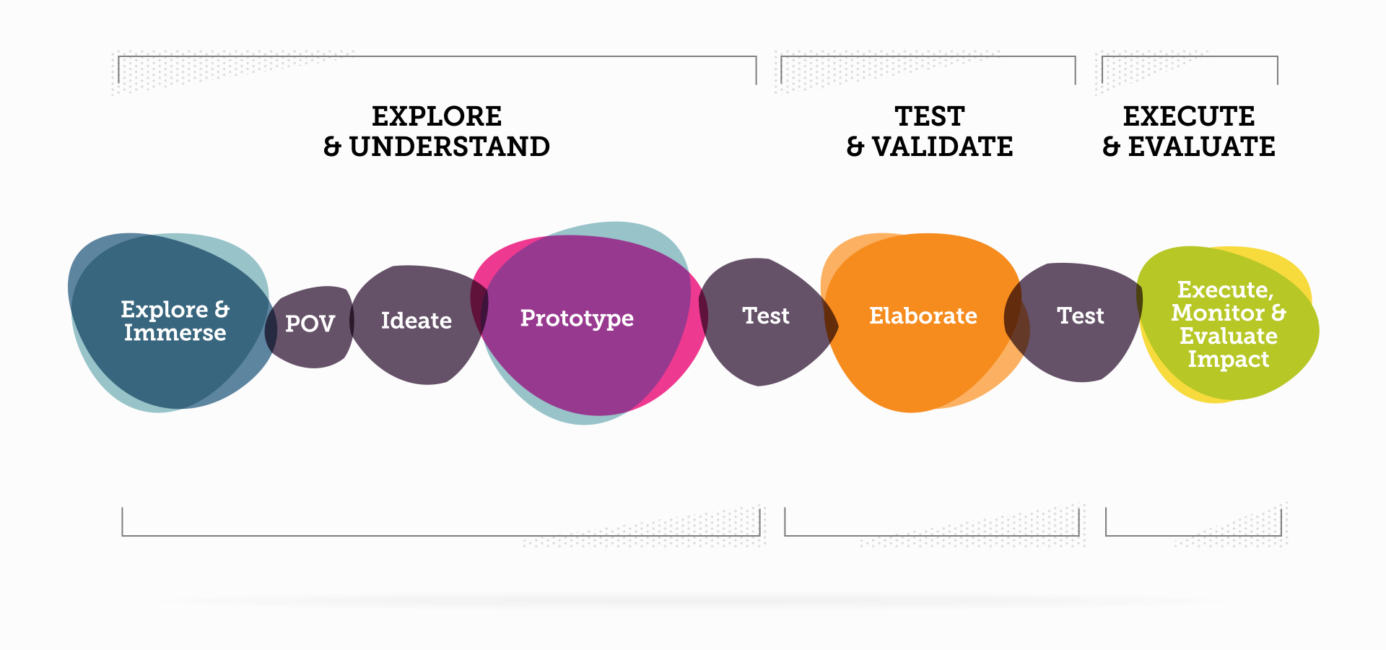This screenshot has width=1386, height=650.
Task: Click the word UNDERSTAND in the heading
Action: [x=449, y=147]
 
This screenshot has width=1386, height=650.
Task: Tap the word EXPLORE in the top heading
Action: [x=437, y=116]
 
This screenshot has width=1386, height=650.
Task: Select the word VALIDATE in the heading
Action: [x=942, y=147]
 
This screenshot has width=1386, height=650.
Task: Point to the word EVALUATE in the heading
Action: [x=1201, y=147]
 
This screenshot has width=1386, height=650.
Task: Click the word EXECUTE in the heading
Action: [x=1189, y=116]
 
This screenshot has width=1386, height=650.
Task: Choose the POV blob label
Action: [x=310, y=324]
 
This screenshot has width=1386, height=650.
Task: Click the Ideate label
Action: [x=417, y=321]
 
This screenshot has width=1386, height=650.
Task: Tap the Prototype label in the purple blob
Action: [x=577, y=318]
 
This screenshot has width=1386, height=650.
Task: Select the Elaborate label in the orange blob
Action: [x=923, y=316]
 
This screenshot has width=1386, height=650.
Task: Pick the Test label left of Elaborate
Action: [x=766, y=316]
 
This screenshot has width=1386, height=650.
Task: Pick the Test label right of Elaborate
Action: [x=1081, y=316]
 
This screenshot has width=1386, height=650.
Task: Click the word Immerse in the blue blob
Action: [x=175, y=333]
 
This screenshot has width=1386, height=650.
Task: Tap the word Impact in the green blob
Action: [x=1228, y=359]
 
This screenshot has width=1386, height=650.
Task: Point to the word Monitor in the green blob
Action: [x=1218, y=313]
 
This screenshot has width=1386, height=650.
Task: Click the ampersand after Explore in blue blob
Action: [x=222, y=309]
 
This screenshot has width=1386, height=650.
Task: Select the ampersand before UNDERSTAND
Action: [x=332, y=147]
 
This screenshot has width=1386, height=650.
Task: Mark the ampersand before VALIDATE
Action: [x=855, y=147]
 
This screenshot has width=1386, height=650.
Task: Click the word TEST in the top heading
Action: [x=930, y=116]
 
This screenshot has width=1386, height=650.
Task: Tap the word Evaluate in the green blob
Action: [x=1228, y=336]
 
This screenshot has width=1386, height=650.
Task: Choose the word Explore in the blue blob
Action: [x=165, y=310]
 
